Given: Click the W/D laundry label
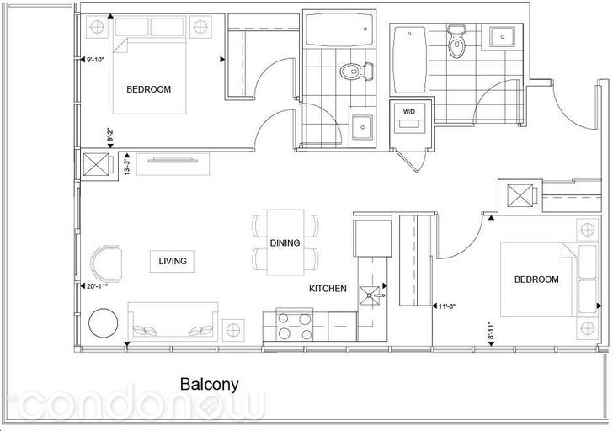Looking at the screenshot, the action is click(409, 112).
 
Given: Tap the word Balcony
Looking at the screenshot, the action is click(209, 385).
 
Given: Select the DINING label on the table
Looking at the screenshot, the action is click(285, 243).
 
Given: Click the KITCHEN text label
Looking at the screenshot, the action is click(328, 289).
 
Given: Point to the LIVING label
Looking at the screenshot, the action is click(173, 261).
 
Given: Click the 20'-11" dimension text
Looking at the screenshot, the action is click(97, 286).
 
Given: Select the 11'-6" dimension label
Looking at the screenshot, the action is click(447, 306).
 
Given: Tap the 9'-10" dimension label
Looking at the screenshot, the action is click(95, 60).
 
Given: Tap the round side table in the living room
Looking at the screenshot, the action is click(104, 323).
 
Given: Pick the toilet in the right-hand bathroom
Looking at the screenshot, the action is click(456, 41).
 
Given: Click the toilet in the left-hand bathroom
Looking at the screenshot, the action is click(356, 72).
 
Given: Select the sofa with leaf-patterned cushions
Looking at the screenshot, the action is click(173, 322).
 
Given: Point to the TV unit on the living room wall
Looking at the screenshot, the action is click(173, 163).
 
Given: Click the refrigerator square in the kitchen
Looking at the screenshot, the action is click(372, 237).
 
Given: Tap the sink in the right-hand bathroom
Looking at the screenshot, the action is click(503, 36).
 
